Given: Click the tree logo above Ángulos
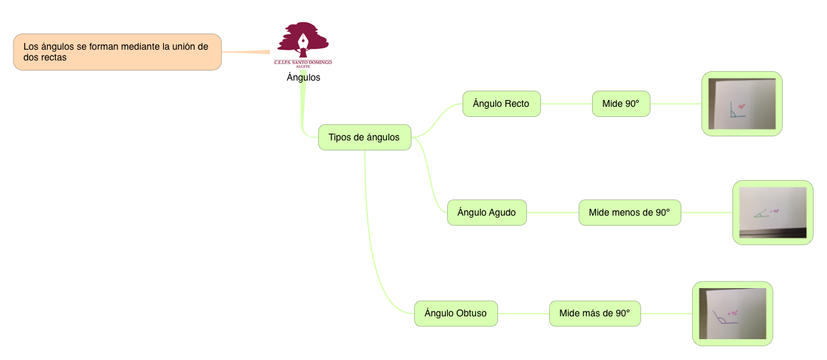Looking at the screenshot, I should [303, 39].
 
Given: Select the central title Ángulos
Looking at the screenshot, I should [303, 77].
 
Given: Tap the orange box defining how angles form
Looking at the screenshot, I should [117, 52].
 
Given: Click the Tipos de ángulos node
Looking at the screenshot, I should [364, 137].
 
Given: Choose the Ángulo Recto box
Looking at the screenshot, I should [501, 103].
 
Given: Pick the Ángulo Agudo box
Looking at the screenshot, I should [486, 212].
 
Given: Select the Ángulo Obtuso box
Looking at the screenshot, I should [455, 313].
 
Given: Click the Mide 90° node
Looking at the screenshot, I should [620, 103].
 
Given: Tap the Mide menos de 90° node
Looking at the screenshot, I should [629, 212].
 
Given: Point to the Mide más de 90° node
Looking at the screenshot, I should [594, 313].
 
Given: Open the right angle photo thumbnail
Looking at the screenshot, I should [741, 103].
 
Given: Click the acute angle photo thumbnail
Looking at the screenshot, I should [772, 212].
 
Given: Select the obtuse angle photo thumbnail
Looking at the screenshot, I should [732, 313].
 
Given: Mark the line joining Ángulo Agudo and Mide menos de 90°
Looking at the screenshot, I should [552, 212].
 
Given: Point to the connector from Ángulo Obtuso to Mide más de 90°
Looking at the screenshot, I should [523, 313].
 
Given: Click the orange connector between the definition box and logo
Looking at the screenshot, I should [248, 52].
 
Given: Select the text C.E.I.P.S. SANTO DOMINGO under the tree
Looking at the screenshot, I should [303, 62].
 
